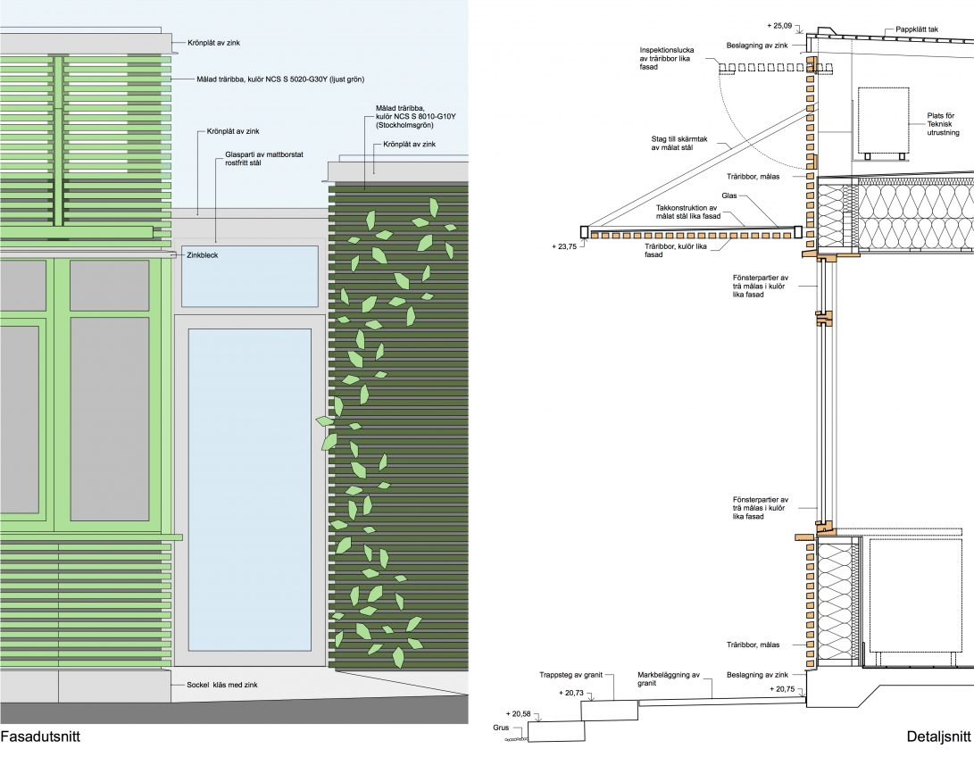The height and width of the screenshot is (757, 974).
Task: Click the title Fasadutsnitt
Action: click(40, 737)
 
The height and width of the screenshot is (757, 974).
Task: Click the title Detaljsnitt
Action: click(938, 737)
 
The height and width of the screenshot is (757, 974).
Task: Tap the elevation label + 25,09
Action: click(779, 26)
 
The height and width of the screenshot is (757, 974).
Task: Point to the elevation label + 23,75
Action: click(564, 246)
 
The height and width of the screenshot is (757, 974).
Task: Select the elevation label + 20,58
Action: click(519, 714)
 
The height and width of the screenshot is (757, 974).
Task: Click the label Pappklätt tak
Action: click(917, 29)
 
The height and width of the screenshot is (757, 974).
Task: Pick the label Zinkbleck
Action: click(203, 255)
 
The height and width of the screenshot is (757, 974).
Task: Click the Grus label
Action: click(502, 728)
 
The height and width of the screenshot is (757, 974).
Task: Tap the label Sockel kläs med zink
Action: click(222, 685)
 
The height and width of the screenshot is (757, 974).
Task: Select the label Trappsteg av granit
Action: click(570, 675)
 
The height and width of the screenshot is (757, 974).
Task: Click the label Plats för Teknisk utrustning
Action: click(943, 124)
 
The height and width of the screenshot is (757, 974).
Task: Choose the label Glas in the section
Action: click(729, 195)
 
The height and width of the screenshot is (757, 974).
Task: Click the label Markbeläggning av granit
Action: click(669, 678)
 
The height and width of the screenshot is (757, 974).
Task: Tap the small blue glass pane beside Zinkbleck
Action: click(250, 277)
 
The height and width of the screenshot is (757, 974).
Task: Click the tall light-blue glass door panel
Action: click(250, 489)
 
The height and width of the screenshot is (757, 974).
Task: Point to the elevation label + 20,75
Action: click(782, 688)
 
